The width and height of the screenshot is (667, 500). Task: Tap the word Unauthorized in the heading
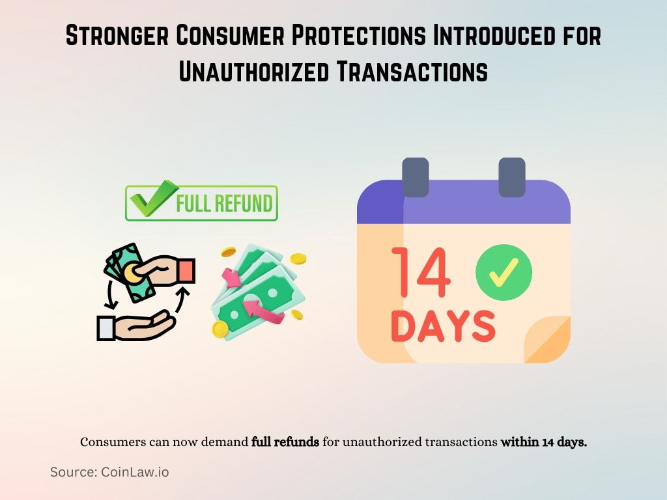tap(249, 70)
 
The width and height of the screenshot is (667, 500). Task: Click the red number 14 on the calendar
tap(421, 271)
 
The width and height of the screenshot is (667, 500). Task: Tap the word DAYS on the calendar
tap(443, 327)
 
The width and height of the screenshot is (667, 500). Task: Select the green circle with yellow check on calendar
tap(504, 272)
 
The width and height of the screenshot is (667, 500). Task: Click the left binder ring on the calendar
tap(416, 176)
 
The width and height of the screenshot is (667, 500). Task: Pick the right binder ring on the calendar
tap(511, 176)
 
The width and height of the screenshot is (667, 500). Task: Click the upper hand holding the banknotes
tap(163, 270)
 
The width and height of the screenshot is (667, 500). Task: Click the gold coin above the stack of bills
tap(229, 252)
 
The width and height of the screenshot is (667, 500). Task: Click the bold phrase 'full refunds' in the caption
tap(285, 442)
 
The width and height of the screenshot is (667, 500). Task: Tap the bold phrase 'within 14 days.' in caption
tap(544, 442)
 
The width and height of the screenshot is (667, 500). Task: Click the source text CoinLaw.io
tap(135, 472)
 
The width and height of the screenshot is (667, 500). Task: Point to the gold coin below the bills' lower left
tap(220, 329)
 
